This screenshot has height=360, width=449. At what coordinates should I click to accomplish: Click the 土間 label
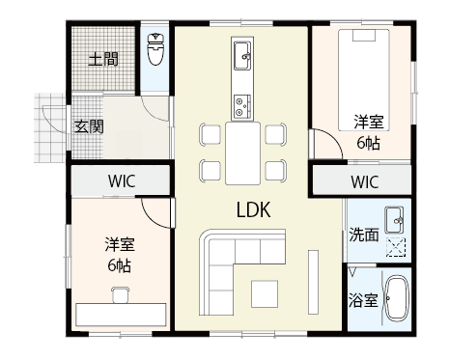104,59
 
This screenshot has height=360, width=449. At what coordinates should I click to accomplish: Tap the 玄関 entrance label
90,126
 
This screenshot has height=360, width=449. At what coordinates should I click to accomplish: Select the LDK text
253,208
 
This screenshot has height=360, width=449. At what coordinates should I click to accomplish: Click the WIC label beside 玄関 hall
122,180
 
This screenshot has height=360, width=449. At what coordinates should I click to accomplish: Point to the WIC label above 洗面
364,181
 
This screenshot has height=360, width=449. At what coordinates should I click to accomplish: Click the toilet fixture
154,48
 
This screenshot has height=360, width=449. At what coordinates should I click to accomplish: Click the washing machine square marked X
395,246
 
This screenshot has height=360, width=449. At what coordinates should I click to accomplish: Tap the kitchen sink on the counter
241,50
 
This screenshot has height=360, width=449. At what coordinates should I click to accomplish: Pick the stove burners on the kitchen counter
241,101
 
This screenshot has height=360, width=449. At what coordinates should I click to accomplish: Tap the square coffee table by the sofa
263,291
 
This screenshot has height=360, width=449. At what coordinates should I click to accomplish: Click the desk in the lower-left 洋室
121,314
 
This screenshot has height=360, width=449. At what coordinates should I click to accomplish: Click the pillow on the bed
364,38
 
